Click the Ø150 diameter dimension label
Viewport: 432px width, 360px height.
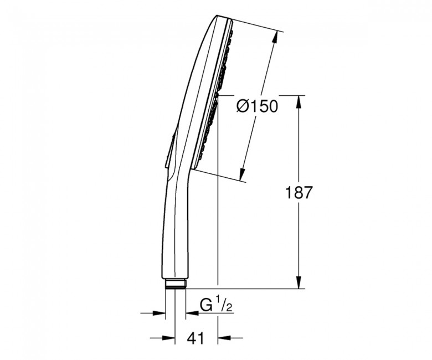tap(257, 106)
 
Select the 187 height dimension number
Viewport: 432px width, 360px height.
tap(299, 193)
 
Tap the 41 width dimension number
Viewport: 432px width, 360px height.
tap(196, 338)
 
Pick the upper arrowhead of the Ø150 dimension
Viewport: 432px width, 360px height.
tap(275, 38)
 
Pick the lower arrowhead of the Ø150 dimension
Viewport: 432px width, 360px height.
tap(242, 174)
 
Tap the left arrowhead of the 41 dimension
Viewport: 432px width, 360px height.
tap(168, 337)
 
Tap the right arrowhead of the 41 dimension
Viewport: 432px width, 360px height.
tap(224, 337)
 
